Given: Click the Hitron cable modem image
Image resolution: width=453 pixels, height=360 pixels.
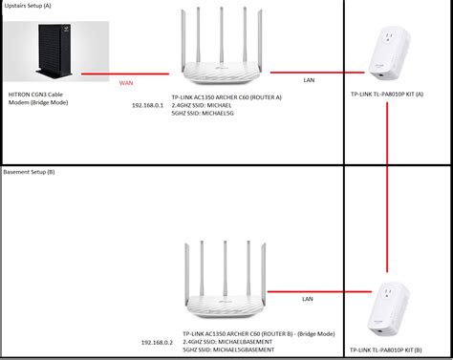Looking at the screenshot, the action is pyautogui.click(x=39, y=58).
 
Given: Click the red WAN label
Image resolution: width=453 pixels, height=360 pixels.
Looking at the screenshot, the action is pyautogui.click(x=126, y=84).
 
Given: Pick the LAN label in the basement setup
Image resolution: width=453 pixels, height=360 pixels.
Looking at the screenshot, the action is pyautogui.click(x=307, y=299).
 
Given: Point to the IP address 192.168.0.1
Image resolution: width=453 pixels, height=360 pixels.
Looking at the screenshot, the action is pyautogui.click(x=150, y=103).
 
